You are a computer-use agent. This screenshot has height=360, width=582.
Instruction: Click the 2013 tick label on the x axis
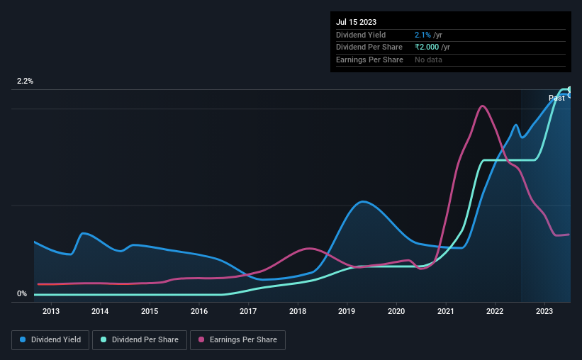coord(51,311)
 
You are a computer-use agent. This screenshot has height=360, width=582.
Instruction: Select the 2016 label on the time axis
coord(199,311)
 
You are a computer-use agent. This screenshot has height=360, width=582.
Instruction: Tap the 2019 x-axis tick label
coord(347,311)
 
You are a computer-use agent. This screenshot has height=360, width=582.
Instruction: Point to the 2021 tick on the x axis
coord(446,311)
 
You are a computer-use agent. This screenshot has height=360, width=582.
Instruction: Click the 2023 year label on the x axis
coord(544,311)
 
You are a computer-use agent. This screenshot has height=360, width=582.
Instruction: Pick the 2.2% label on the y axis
coord(26,81)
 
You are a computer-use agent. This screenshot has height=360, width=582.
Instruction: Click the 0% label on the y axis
coord(22,293)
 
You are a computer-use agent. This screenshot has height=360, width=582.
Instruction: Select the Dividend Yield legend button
coord(50,340)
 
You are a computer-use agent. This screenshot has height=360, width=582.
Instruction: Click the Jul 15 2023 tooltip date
coord(357,22)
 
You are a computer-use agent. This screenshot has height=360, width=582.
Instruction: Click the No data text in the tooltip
coord(428,60)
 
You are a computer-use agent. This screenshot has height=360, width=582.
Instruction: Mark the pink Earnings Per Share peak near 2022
coord(483,106)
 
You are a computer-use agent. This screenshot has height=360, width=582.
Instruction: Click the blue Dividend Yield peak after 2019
coord(363,201)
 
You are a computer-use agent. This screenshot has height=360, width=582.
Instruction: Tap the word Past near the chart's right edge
coord(556,99)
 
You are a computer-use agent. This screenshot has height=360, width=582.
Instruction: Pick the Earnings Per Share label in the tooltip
coord(369,60)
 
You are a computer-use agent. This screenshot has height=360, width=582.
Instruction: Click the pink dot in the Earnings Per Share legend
coord(202,340)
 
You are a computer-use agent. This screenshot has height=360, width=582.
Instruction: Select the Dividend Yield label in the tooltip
coord(361,35)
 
